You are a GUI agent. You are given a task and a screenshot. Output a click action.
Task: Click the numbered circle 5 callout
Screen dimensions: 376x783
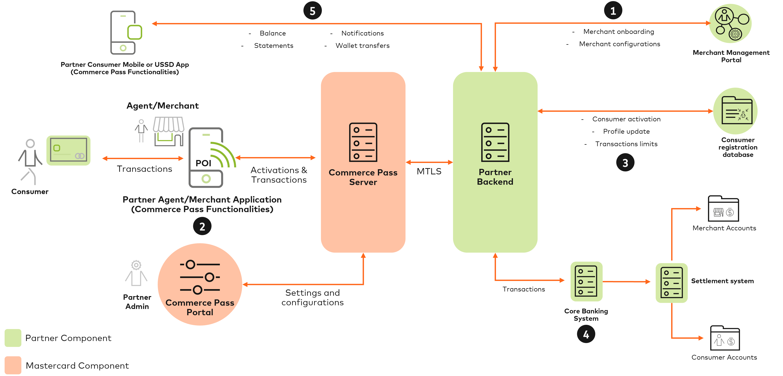[312, 11]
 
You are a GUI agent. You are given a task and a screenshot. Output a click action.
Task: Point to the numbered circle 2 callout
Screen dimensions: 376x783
[202, 226]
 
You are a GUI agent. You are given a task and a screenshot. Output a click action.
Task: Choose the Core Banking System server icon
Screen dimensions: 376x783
[586, 282]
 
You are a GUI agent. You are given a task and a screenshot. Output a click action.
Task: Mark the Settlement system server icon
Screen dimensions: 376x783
[672, 283]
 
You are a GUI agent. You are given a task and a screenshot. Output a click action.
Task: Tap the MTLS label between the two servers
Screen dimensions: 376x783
[429, 171]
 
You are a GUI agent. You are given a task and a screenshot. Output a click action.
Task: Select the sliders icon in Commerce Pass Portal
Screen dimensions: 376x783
[200, 277]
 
